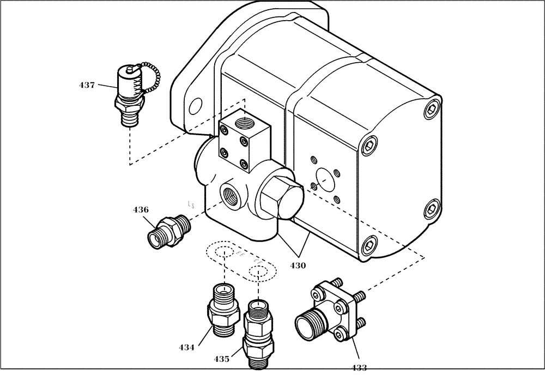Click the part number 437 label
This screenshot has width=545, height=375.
pyautogui.click(x=87, y=85)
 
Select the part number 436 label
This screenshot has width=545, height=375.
pyautogui.click(x=141, y=209)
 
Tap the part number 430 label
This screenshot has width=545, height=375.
pyautogui.click(x=298, y=265)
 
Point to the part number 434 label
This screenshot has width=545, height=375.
pyautogui.click(x=187, y=347)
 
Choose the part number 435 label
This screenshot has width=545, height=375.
pyautogui.click(x=221, y=359)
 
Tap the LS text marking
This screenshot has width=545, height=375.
pyautogui.click(x=191, y=205)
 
